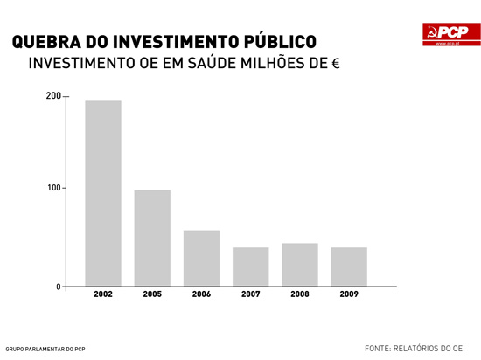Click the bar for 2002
point(103,193)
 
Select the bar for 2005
point(152,238)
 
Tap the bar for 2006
point(201,258)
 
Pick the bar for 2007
point(250,267)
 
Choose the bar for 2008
point(300,264)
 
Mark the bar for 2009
point(349,267)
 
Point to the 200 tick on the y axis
point(53,95)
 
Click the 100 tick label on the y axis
point(53,188)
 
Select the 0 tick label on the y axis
point(59,287)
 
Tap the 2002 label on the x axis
point(103,294)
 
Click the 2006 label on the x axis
point(201,294)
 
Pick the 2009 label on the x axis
point(349,294)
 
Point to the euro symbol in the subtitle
point(335,66)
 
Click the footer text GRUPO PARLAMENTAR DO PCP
point(45,349)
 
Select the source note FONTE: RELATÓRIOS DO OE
point(413,347)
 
